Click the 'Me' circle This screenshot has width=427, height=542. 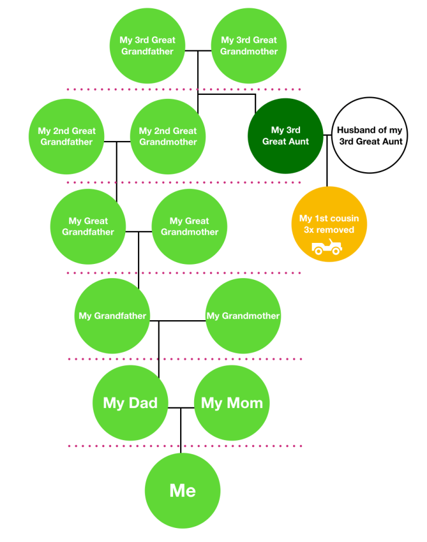pos(182,490)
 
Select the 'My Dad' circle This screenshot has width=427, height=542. pos(130,403)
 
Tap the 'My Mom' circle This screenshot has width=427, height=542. pos(232,403)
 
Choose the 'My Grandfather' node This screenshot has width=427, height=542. pos(112,316)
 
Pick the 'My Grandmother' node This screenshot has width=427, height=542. pos(243,316)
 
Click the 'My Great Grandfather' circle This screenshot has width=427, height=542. pos(88,227)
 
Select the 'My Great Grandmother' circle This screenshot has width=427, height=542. pos(189,227)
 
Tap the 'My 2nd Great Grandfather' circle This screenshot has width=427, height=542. pos(67,136)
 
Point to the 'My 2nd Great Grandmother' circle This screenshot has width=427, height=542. pos(168,136)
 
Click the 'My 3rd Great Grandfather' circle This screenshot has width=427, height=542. pos(147,46)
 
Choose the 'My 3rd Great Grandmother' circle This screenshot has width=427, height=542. pos(249,46)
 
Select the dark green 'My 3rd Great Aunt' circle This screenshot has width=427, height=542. pos(286,136)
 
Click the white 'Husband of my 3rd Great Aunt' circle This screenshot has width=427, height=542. pos(370,136)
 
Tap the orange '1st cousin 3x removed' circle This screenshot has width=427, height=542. pos(329,224)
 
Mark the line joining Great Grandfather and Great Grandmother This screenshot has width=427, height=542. pos(145,232)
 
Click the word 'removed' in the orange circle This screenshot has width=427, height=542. pos(336,230)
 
